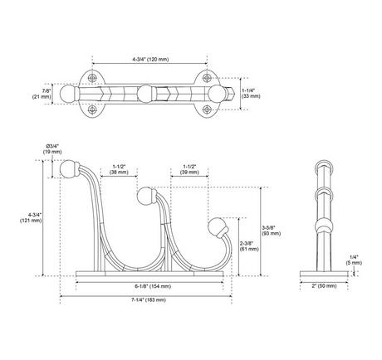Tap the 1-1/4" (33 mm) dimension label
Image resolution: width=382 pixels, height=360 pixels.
coord(248,94)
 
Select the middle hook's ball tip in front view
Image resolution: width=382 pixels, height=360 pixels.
coord(145,197)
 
